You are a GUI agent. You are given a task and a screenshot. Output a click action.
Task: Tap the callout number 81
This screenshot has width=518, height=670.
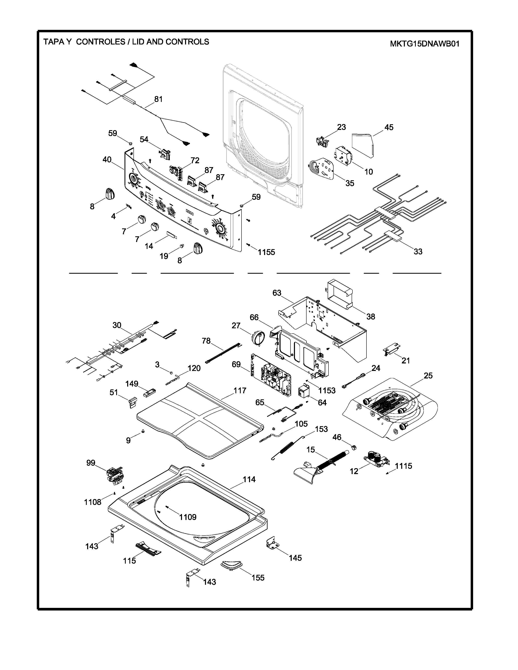click(x=158, y=99)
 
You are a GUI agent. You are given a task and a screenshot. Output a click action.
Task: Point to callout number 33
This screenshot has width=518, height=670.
click(x=418, y=252)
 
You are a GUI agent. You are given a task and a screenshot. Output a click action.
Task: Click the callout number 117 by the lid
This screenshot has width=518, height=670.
click(x=240, y=390)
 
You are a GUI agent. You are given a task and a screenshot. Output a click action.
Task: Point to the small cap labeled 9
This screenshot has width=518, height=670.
click(x=143, y=431)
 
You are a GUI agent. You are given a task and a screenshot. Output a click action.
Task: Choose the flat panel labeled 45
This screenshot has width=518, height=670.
click(x=363, y=144)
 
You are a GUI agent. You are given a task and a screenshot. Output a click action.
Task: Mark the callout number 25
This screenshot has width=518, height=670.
click(x=428, y=375)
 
